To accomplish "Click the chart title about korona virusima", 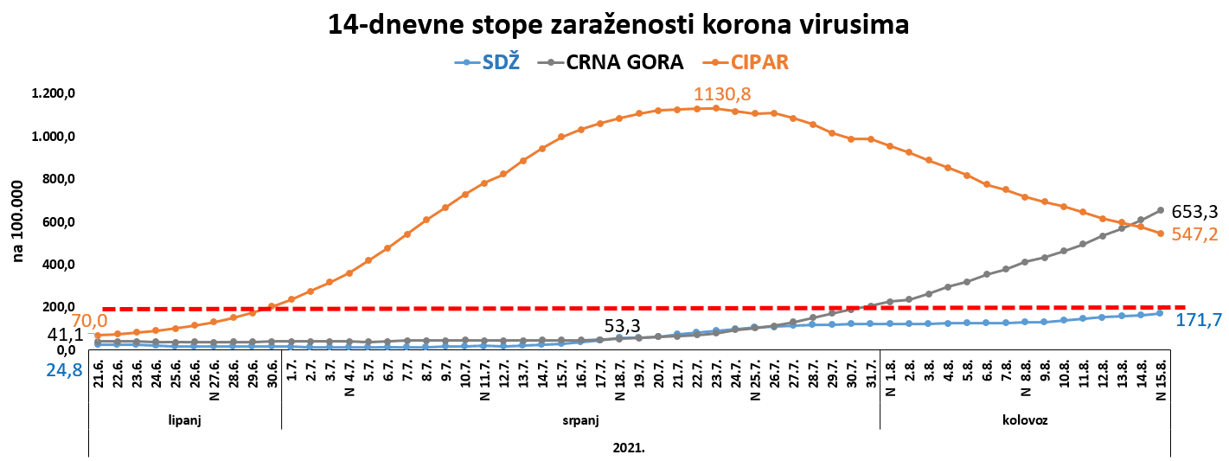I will coord(618,24).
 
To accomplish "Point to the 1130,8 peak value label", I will coord(721,93).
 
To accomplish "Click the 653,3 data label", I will coord(1195,211).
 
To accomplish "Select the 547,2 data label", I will coord(1195,234).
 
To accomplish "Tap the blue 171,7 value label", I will coord(1199,320).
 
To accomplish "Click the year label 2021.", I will coord(630,448).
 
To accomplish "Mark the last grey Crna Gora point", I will coord(1161,209).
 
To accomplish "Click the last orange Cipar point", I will coord(1161,234).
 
